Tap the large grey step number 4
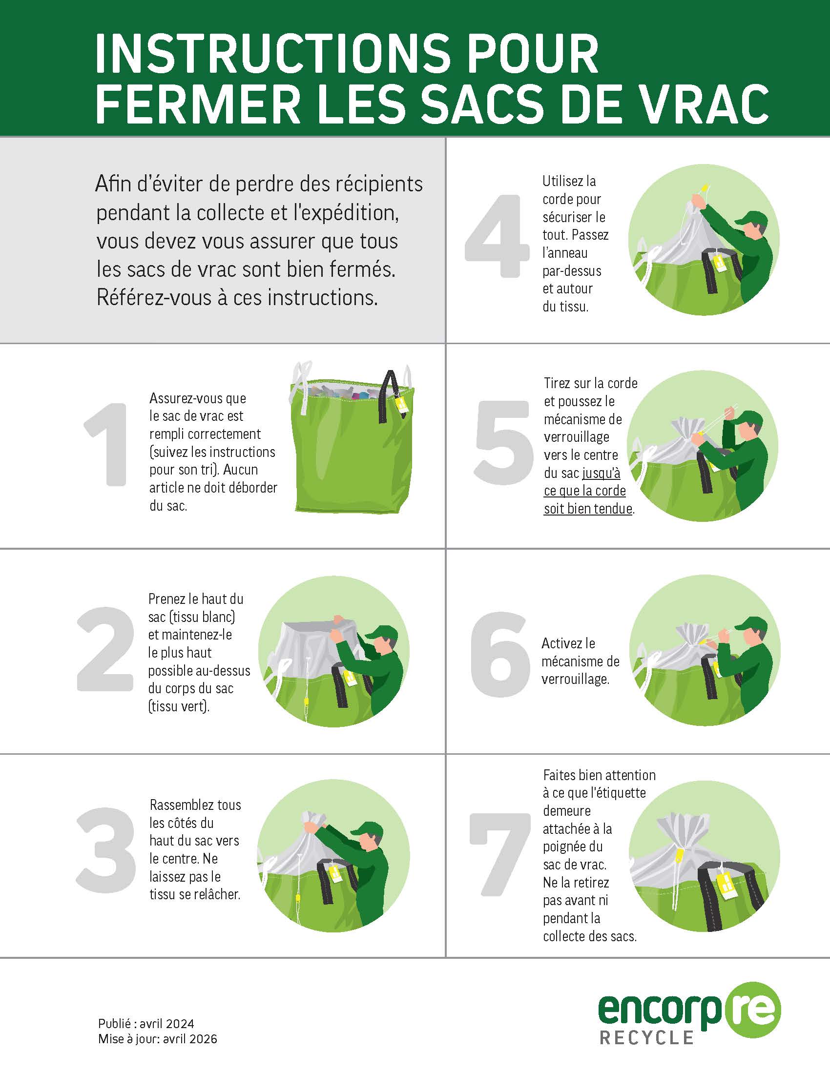click(x=497, y=236)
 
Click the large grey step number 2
click(x=105, y=649)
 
